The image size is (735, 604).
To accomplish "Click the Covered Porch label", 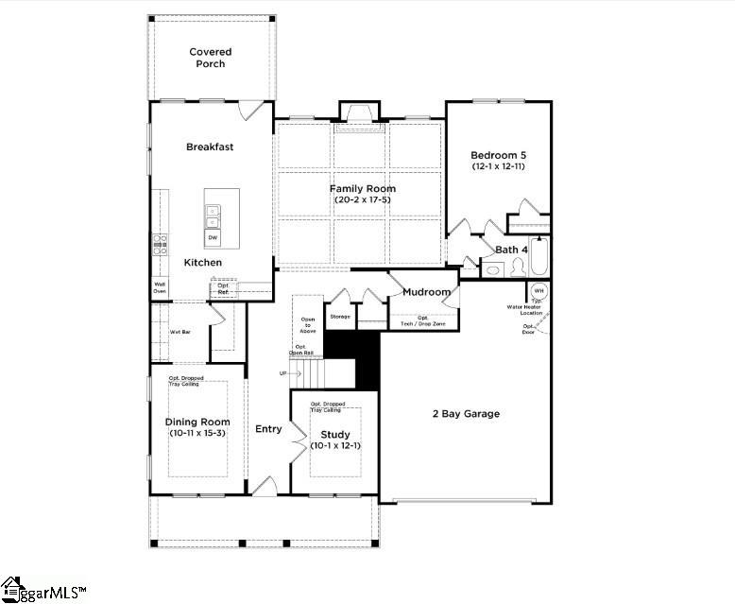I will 210,58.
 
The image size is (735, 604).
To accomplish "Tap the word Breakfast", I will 210,147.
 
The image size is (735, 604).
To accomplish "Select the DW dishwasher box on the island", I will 213,237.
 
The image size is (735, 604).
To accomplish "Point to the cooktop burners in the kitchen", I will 160,246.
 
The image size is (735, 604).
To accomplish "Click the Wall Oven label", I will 160,285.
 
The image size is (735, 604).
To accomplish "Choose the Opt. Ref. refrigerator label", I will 223,288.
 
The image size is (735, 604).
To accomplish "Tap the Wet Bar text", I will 180,333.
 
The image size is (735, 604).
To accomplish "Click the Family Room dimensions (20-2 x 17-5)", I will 362,200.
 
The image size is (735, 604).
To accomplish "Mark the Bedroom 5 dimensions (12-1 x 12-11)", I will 498,166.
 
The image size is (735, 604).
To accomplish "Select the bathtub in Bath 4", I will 539,256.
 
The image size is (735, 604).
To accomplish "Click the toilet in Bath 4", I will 518,268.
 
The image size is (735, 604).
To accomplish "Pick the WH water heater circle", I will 538,291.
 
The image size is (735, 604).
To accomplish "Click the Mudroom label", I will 426,292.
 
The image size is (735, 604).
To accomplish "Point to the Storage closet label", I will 340,317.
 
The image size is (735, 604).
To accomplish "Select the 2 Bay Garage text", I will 466,414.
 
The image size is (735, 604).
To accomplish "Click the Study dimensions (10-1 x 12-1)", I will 335,446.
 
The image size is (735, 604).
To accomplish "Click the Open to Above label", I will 308,326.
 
